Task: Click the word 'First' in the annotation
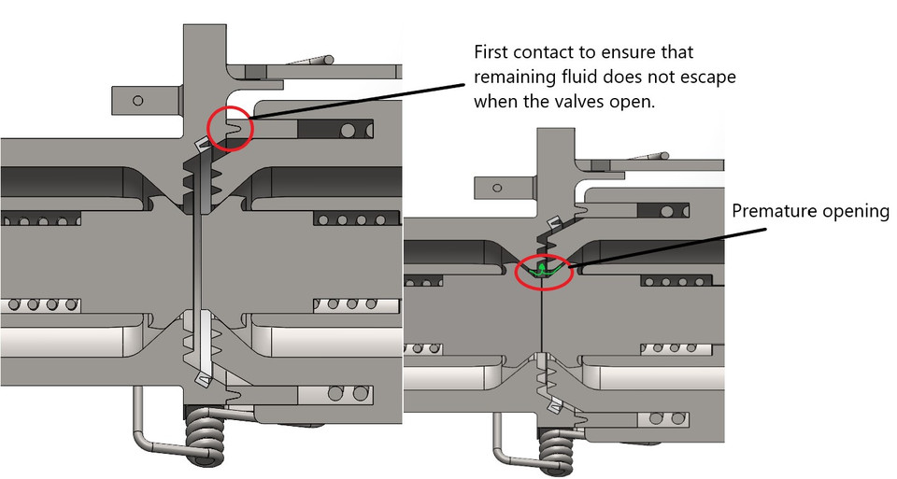(491, 52)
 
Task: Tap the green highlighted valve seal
(542, 270)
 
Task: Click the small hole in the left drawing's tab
(138, 101)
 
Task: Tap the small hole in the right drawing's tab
(497, 188)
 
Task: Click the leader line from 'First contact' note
(357, 103)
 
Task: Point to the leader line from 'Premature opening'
(667, 247)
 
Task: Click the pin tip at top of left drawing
(328, 58)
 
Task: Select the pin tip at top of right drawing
(664, 155)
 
